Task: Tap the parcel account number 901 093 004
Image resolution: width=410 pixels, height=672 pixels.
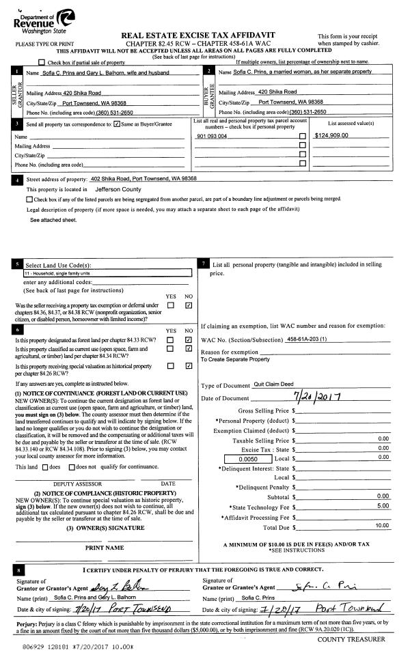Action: pyautogui.click(x=212, y=137)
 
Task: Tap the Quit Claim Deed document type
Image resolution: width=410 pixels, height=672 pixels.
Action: pyautogui.click(x=274, y=384)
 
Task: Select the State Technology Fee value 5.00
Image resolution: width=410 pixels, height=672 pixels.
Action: pyautogui.click(x=383, y=505)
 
